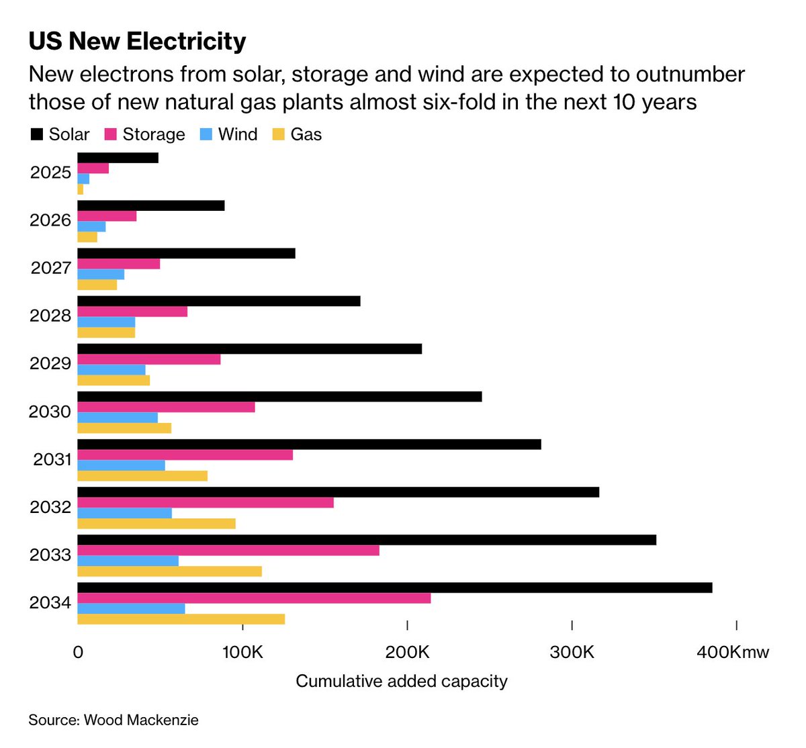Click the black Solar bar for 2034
click(x=395, y=588)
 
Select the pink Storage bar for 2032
click(x=206, y=503)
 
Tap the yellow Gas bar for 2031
click(x=142, y=476)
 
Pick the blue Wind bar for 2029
click(x=111, y=369)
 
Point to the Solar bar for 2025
click(x=118, y=158)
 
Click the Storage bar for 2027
click(x=119, y=264)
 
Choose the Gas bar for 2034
click(x=181, y=619)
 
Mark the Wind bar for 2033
click(x=128, y=561)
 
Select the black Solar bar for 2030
click(x=279, y=396)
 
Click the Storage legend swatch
click(x=111, y=134)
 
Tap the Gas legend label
click(x=306, y=134)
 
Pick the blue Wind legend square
click(x=206, y=134)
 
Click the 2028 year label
click(x=50, y=316)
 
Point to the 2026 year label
click(x=50, y=220)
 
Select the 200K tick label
click(x=407, y=652)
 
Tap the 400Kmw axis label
click(x=733, y=652)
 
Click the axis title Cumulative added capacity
click(x=402, y=681)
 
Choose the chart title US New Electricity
click(x=137, y=42)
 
